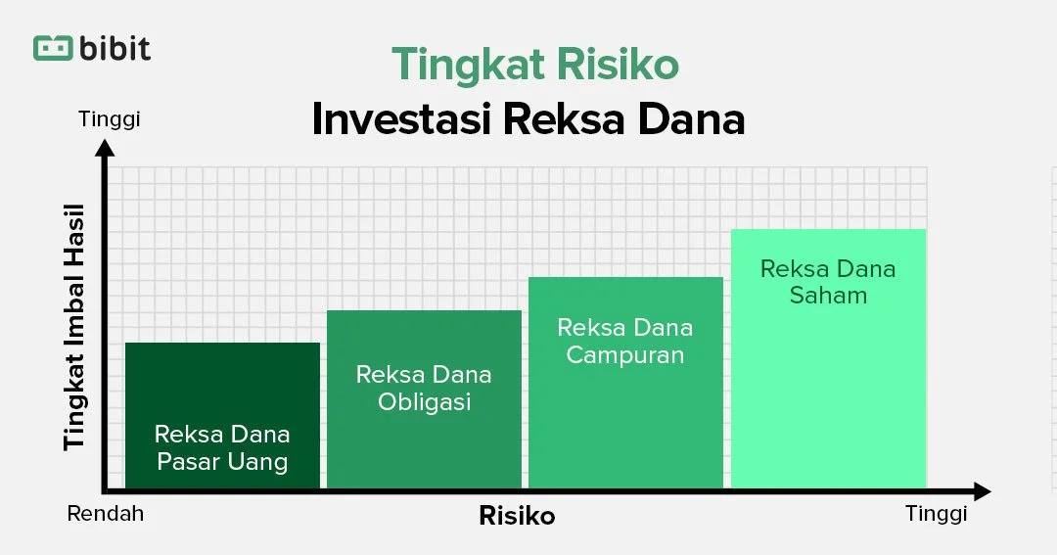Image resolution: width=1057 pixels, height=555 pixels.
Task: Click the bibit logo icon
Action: [x=54, y=48]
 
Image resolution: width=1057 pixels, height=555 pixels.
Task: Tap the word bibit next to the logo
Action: [x=116, y=47]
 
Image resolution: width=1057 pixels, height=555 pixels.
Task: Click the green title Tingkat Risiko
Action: [x=534, y=66]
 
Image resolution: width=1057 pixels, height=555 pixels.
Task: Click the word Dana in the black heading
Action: [x=694, y=118]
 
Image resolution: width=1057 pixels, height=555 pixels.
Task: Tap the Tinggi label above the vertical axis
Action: [x=110, y=119]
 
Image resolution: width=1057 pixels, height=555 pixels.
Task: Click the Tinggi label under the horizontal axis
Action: [x=936, y=513]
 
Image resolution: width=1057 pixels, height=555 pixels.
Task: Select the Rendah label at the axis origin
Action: [x=106, y=513]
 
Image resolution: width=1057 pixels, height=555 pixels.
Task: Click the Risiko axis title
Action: [x=517, y=516]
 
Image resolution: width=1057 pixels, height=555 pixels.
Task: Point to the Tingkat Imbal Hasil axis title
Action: [x=74, y=326]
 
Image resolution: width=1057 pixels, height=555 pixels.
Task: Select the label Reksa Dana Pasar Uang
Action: [x=222, y=447]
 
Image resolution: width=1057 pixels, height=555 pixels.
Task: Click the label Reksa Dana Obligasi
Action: [x=424, y=388]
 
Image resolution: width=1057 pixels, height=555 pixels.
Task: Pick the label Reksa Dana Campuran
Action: [x=624, y=341]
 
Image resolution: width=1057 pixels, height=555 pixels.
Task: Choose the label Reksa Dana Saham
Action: [x=828, y=282]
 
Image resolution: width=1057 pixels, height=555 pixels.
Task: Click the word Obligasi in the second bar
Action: [x=425, y=401]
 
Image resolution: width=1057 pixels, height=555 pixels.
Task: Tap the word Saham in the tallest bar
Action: [x=828, y=296]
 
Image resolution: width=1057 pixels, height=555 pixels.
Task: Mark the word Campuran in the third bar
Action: [x=624, y=354]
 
